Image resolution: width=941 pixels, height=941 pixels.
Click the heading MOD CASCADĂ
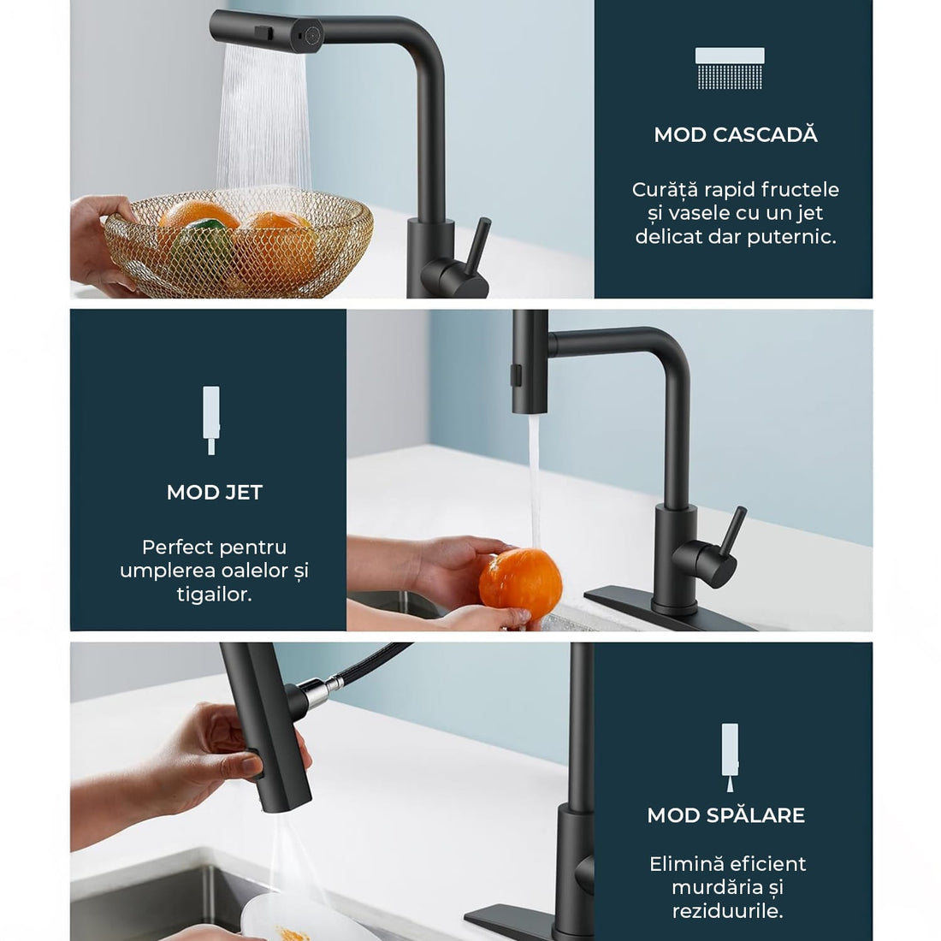(736, 134)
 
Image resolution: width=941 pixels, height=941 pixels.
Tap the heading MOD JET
(214, 492)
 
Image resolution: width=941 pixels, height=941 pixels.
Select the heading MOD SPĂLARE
(726, 815)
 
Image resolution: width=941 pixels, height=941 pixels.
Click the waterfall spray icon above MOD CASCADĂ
(730, 68)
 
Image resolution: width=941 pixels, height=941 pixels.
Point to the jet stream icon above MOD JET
(211, 420)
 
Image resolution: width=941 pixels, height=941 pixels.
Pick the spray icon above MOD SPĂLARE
(730, 757)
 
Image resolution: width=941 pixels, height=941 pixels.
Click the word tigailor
(214, 595)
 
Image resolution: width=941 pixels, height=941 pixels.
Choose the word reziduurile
(727, 911)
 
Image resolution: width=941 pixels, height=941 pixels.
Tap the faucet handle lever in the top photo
(478, 247)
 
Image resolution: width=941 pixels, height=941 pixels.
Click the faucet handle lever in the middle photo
(732, 533)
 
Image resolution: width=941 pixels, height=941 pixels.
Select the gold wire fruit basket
(239, 243)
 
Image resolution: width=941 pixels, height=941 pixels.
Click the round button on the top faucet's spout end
(311, 35)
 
